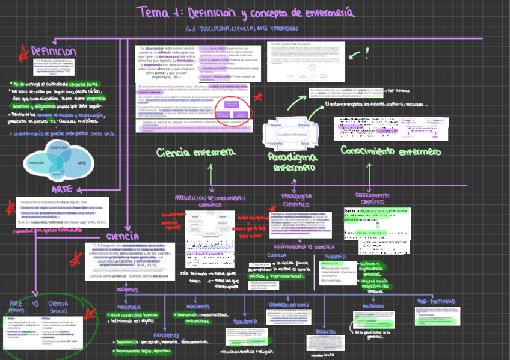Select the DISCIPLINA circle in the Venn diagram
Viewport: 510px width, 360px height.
[59, 147]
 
